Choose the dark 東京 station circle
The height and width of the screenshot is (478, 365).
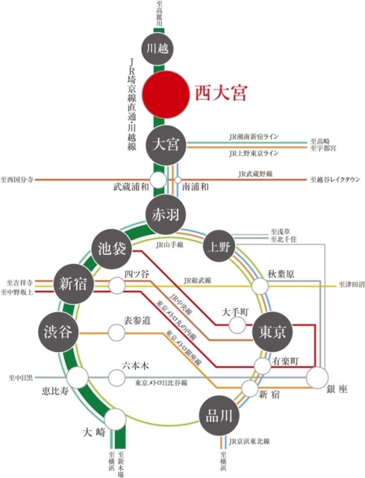pos(272,332)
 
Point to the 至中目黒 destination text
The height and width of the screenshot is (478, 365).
pos(20,378)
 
